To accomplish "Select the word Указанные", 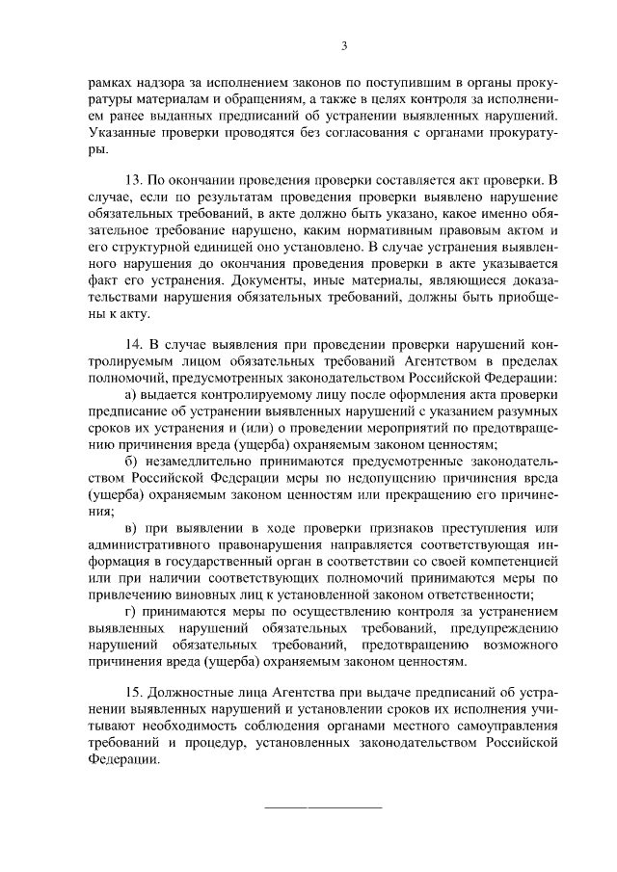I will coord(122,132).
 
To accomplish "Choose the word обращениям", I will coord(275,99).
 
